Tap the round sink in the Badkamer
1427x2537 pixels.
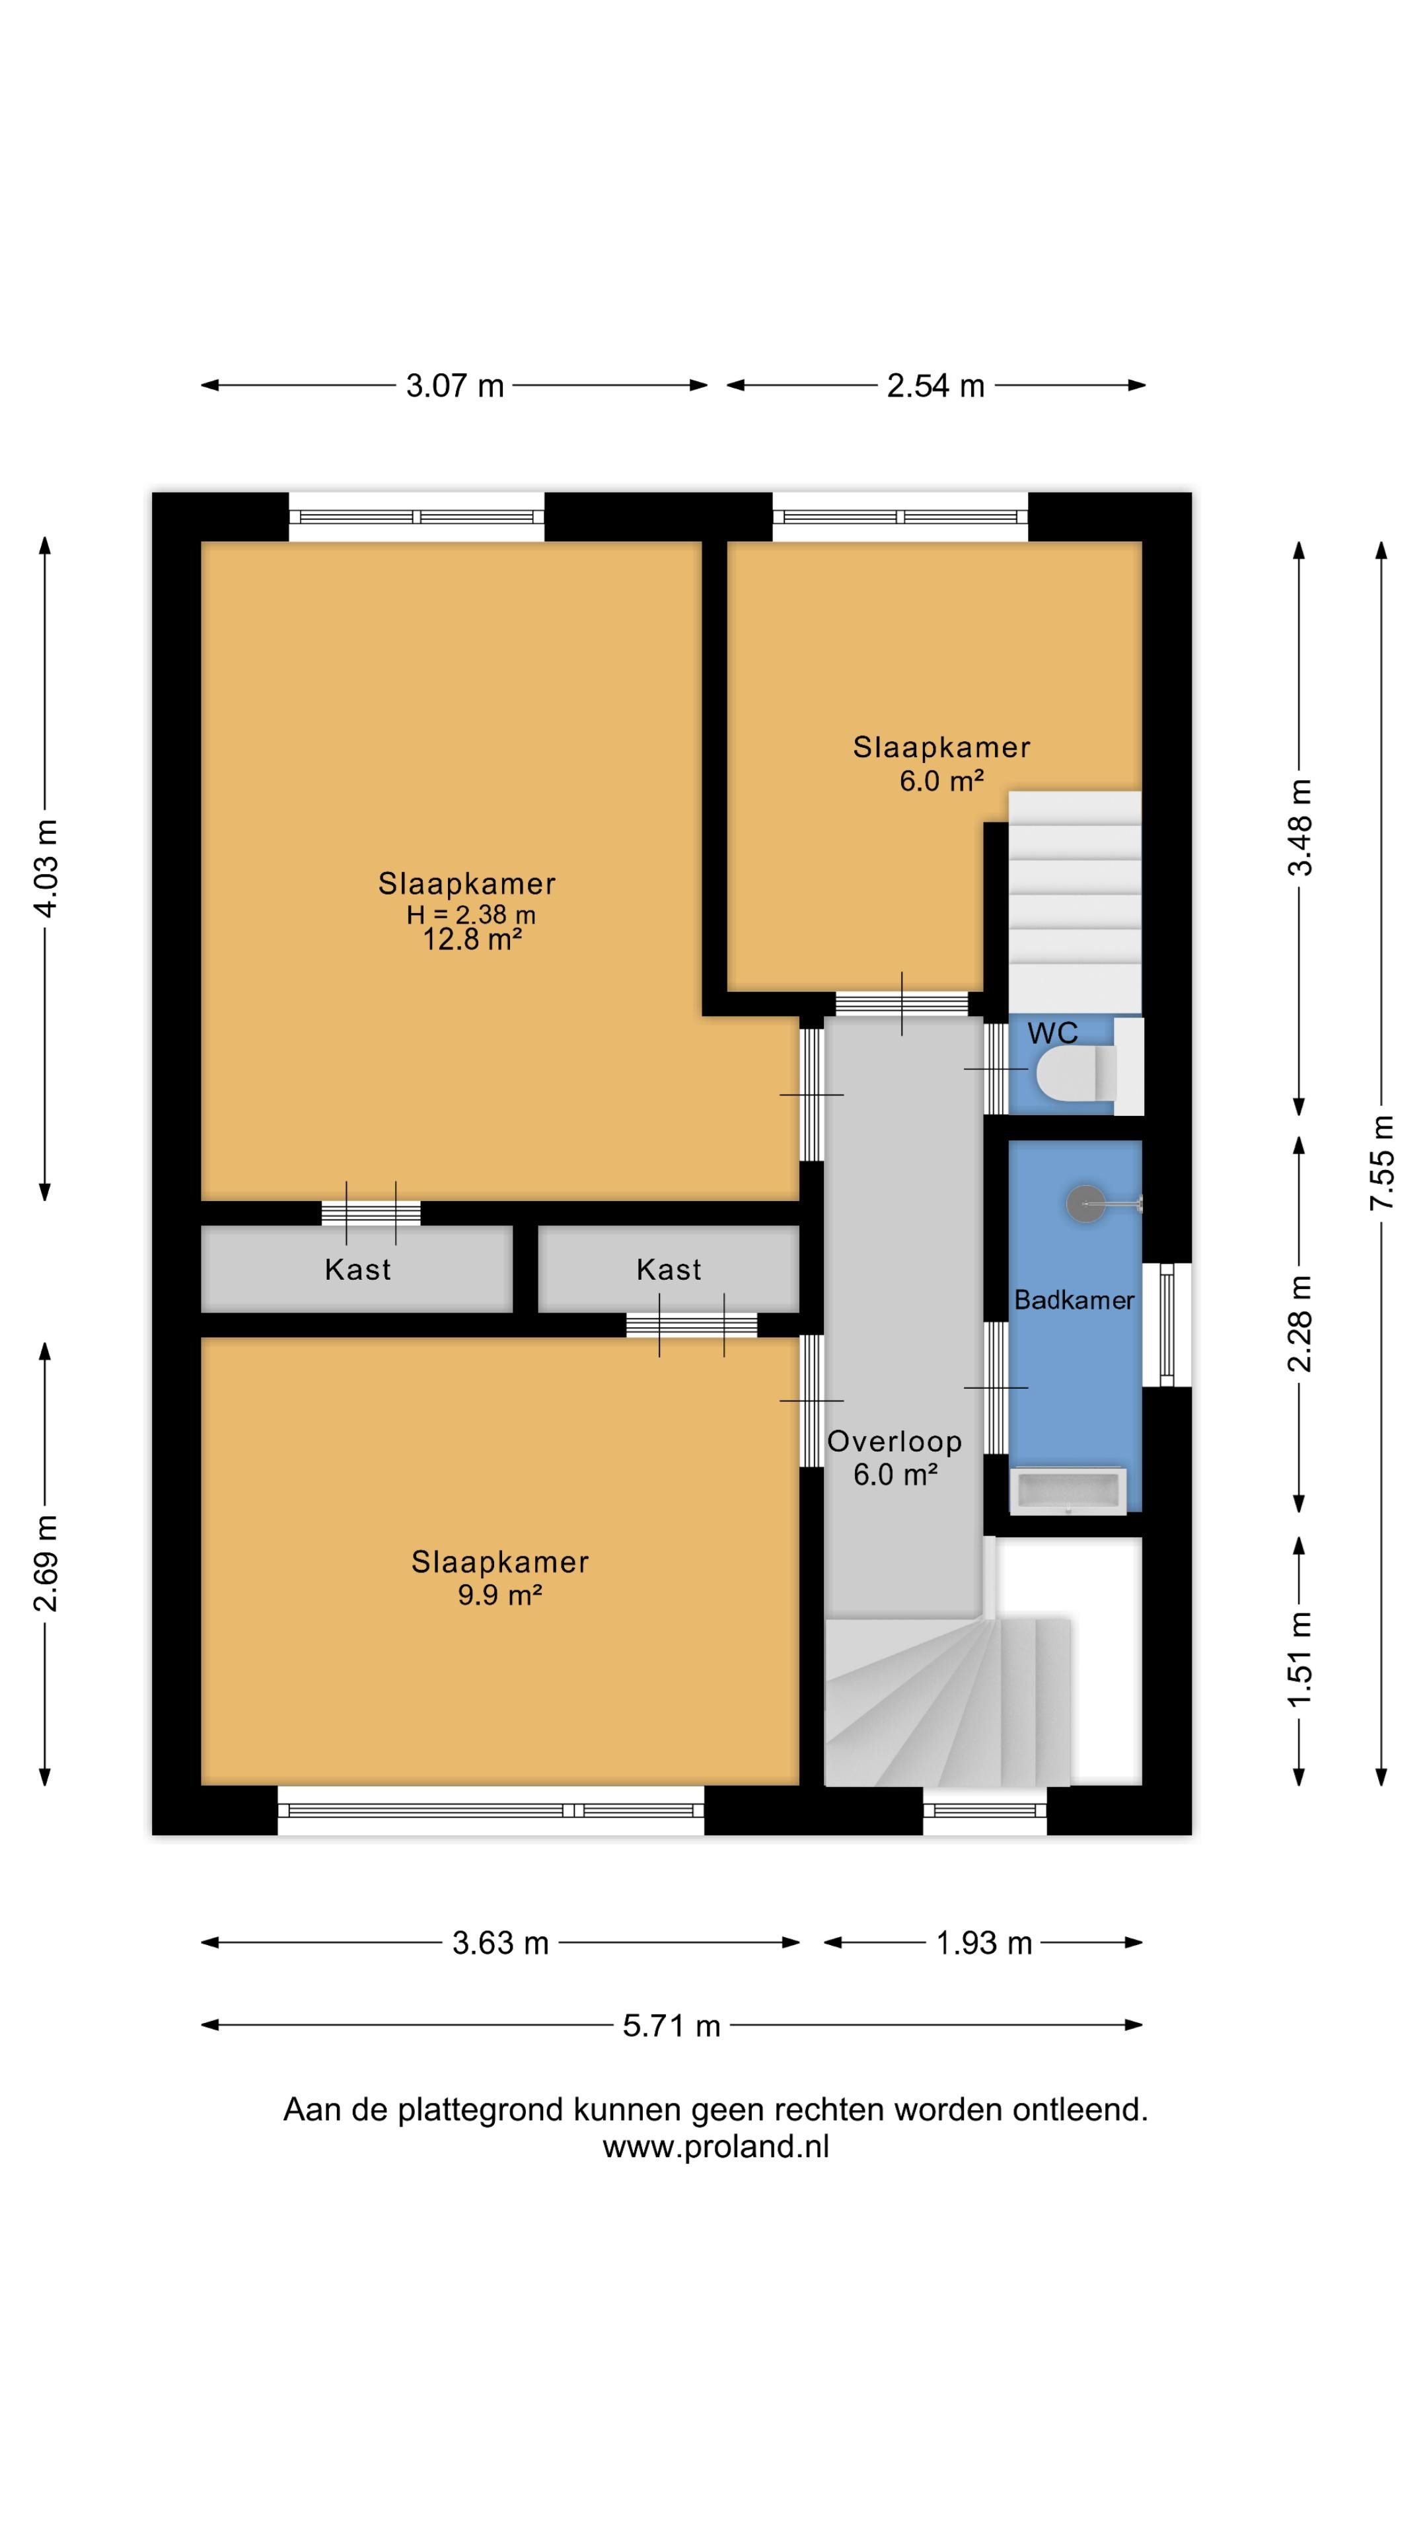1087,1204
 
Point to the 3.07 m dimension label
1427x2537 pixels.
455,385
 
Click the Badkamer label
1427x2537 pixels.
1074,1300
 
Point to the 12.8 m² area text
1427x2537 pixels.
472,939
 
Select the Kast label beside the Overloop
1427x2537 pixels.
669,1269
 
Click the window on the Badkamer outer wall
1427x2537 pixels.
1167,1325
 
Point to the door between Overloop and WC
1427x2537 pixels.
996,1068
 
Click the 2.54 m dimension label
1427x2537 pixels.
935,385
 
